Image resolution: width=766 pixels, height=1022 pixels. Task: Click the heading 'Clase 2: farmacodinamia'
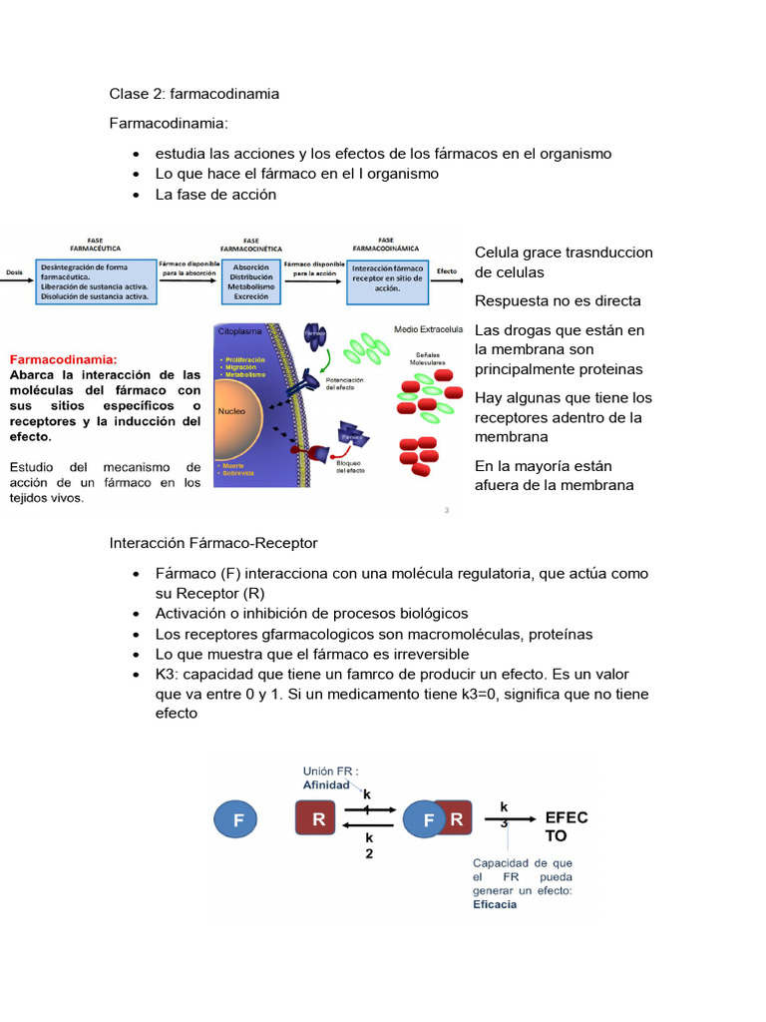(x=193, y=94)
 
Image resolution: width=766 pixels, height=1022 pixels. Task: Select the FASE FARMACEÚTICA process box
(x=96, y=282)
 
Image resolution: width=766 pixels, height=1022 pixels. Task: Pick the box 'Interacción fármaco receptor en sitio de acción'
(x=388, y=278)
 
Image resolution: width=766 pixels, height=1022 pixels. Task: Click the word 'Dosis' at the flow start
(x=14, y=271)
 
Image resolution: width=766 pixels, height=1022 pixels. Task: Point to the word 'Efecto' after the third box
(x=447, y=271)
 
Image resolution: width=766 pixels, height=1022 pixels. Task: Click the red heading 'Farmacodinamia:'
(x=63, y=359)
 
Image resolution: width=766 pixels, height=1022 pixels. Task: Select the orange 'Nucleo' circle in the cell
(x=234, y=410)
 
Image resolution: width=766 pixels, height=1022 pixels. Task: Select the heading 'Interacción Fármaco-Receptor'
(x=213, y=543)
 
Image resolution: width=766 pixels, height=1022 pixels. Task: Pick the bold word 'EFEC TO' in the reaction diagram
(x=566, y=826)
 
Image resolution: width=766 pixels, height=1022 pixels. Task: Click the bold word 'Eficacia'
(x=495, y=905)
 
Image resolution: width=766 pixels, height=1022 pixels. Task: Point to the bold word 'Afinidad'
(x=326, y=784)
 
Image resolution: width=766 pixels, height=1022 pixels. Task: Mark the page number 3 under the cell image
(x=446, y=511)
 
